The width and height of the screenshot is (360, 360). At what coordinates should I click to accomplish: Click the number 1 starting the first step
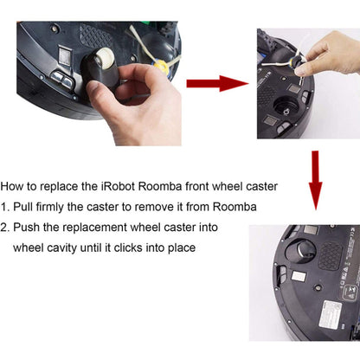coord(5,207)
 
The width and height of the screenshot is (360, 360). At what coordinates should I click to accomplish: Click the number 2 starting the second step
coord(5,227)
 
